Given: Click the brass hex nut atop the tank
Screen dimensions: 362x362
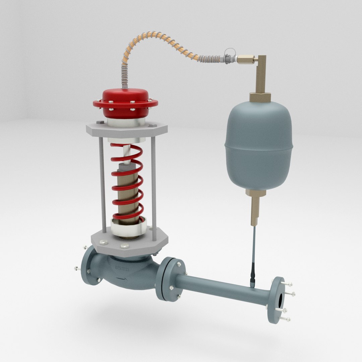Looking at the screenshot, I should click(x=260, y=97).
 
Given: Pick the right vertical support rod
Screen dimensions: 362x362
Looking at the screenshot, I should click(x=153, y=188).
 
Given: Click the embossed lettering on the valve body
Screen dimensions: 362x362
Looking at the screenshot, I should click(x=124, y=268).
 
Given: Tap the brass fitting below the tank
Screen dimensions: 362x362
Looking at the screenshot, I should click(x=255, y=204).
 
